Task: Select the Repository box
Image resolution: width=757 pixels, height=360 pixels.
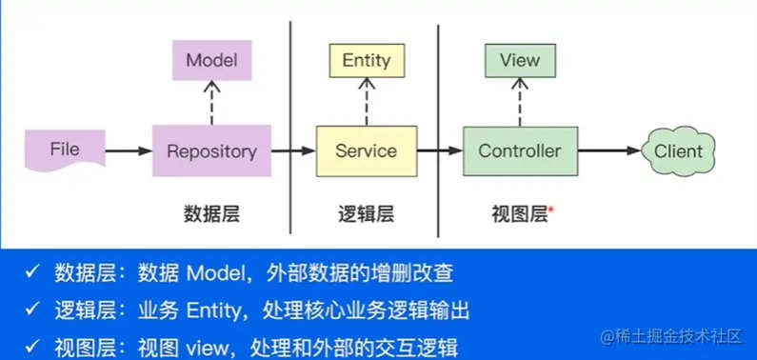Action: click(211, 150)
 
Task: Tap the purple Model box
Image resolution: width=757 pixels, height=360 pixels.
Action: click(211, 61)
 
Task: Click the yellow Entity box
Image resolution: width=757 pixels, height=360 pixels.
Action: click(366, 61)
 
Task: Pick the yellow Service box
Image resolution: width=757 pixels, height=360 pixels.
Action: click(366, 150)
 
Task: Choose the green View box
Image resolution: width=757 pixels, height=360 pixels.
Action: click(520, 61)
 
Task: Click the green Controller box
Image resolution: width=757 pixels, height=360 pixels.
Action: click(520, 150)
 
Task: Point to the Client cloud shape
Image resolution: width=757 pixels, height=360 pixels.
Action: click(677, 150)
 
